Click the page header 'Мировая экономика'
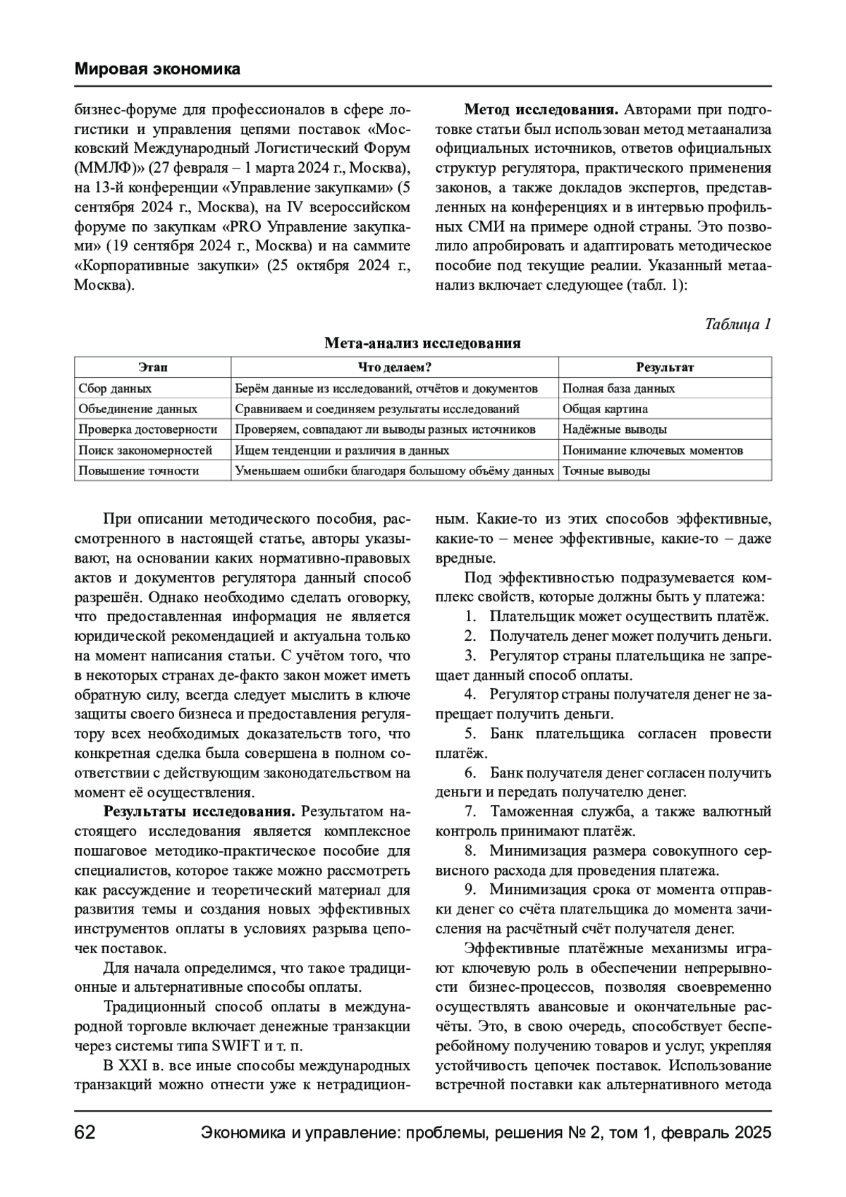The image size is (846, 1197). tap(157, 69)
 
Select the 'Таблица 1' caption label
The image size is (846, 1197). tap(738, 324)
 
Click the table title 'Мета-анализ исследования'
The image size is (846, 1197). tap(422, 343)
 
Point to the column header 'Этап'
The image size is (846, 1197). tap(152, 367)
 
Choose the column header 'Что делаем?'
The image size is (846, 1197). tap(395, 367)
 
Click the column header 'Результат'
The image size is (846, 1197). tap(665, 367)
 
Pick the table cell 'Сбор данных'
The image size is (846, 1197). tap(115, 388)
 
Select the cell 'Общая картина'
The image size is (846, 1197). tap(605, 409)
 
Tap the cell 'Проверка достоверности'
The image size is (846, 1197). tap(147, 429)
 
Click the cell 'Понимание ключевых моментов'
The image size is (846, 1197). tap(652, 450)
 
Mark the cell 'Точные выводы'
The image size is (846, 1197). tap(606, 471)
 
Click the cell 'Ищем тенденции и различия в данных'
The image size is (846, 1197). tap(342, 450)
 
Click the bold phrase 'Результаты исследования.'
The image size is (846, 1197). tap(200, 811)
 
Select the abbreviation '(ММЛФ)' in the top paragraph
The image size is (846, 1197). tap(101, 169)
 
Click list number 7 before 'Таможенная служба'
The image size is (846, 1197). tap(470, 811)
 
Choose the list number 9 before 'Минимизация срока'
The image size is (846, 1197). tap(470, 889)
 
